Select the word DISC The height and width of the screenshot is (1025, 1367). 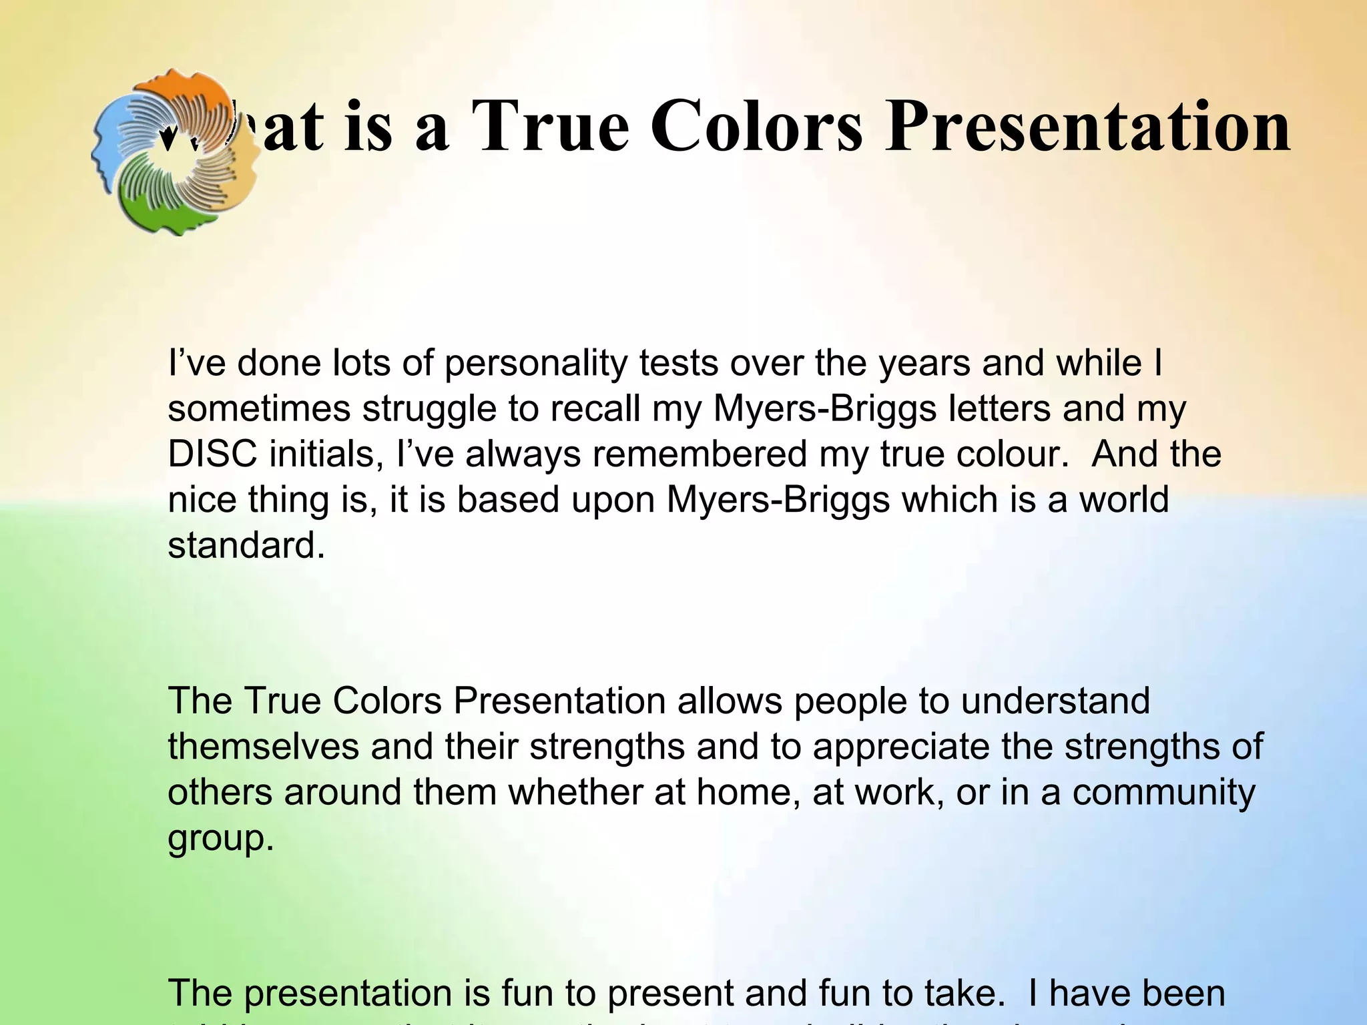pos(212,454)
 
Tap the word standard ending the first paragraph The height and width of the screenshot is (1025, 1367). pos(245,545)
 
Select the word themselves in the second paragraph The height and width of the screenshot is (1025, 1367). pos(263,747)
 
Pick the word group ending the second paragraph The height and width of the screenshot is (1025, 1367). pos(220,839)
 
